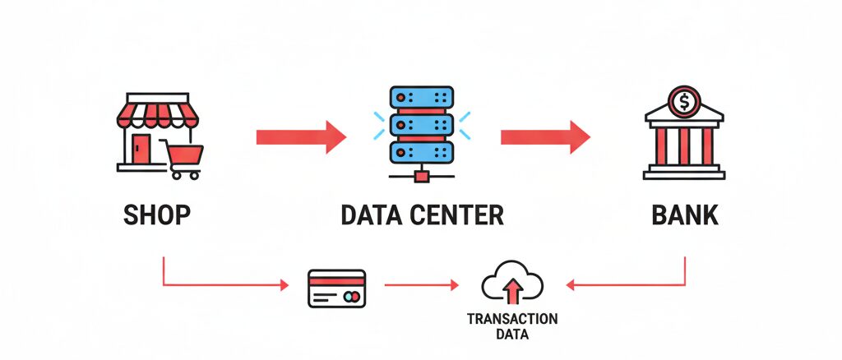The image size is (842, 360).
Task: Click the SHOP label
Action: click(157, 215)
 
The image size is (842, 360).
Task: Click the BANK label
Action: click(684, 215)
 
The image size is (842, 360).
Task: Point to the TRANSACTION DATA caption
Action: click(511, 326)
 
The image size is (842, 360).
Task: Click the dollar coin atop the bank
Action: click(684, 102)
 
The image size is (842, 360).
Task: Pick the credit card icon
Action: click(332, 288)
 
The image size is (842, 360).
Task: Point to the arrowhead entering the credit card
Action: click(285, 285)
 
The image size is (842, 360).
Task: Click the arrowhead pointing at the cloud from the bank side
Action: click(571, 285)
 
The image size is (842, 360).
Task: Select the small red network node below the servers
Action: click(422, 174)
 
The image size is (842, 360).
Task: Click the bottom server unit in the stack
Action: click(421, 151)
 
